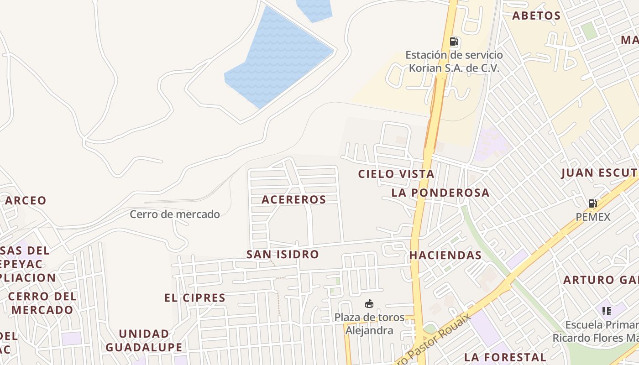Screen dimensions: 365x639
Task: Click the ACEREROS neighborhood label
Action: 294,199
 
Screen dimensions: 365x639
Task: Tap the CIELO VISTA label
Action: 396,174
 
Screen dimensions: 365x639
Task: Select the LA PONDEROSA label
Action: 440,193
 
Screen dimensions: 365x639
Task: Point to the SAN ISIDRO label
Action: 283,254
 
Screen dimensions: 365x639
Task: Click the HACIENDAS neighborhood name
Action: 445,255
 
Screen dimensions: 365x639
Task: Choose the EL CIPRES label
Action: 195,298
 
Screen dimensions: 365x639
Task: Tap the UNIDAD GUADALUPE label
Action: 144,340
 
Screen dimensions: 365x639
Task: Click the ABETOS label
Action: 536,16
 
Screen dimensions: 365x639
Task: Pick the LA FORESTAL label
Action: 505,357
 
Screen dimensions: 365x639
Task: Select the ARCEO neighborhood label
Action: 26,200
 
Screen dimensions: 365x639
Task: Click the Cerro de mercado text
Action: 175,214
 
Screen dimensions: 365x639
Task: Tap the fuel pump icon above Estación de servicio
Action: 454,42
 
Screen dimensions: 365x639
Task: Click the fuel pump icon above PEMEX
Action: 592,203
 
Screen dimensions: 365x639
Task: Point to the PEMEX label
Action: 593,217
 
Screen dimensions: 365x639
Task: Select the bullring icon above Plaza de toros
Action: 369,303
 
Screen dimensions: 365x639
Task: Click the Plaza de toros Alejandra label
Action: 369,323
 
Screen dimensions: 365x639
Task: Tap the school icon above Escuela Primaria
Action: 606,311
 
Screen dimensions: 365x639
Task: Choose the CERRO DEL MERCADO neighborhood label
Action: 42,303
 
